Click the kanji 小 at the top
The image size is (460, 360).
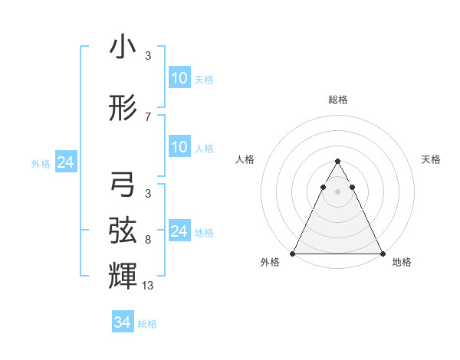tap(123, 47)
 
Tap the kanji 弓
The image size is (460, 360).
tap(123, 185)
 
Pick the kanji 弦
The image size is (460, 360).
tap(123, 229)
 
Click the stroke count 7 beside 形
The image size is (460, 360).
tap(147, 117)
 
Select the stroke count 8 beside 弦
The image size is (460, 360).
tap(147, 240)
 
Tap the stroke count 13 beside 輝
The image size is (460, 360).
tap(148, 286)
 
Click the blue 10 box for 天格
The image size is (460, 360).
tap(179, 78)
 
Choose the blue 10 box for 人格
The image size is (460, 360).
tap(179, 147)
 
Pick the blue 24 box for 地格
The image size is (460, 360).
tap(179, 231)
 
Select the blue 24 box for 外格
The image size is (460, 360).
tap(65, 162)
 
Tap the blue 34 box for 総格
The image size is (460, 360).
tap(122, 322)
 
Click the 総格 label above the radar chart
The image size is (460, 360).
tap(338, 100)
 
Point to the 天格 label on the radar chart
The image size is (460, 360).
tap(432, 159)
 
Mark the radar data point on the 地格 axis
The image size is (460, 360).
tap(383, 253)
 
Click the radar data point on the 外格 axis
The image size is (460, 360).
tap(293, 253)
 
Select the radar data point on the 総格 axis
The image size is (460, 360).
tap(338, 162)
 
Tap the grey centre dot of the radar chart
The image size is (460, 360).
tap(338, 191)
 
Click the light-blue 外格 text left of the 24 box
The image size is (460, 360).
tap(41, 163)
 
